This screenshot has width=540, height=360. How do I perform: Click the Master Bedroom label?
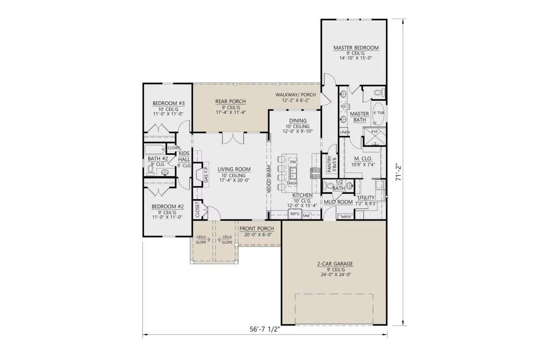[356, 48]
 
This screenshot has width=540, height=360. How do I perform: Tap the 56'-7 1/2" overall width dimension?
[265, 330]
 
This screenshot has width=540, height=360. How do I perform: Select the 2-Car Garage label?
[335, 264]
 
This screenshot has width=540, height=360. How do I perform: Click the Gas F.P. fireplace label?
[206, 173]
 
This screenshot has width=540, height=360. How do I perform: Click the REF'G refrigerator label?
[294, 214]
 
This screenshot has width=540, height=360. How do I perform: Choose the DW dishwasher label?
[293, 162]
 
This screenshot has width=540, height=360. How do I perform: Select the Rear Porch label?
[230, 101]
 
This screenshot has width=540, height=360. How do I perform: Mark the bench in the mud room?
[346, 217]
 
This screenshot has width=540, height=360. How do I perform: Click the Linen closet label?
[344, 132]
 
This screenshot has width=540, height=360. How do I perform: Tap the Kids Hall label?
[184, 156]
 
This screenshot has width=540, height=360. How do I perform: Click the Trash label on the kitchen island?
[292, 183]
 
